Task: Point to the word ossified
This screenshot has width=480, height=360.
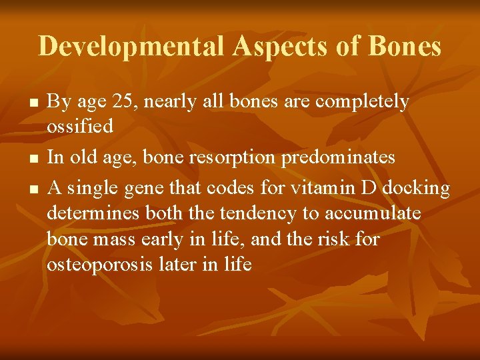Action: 80,125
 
